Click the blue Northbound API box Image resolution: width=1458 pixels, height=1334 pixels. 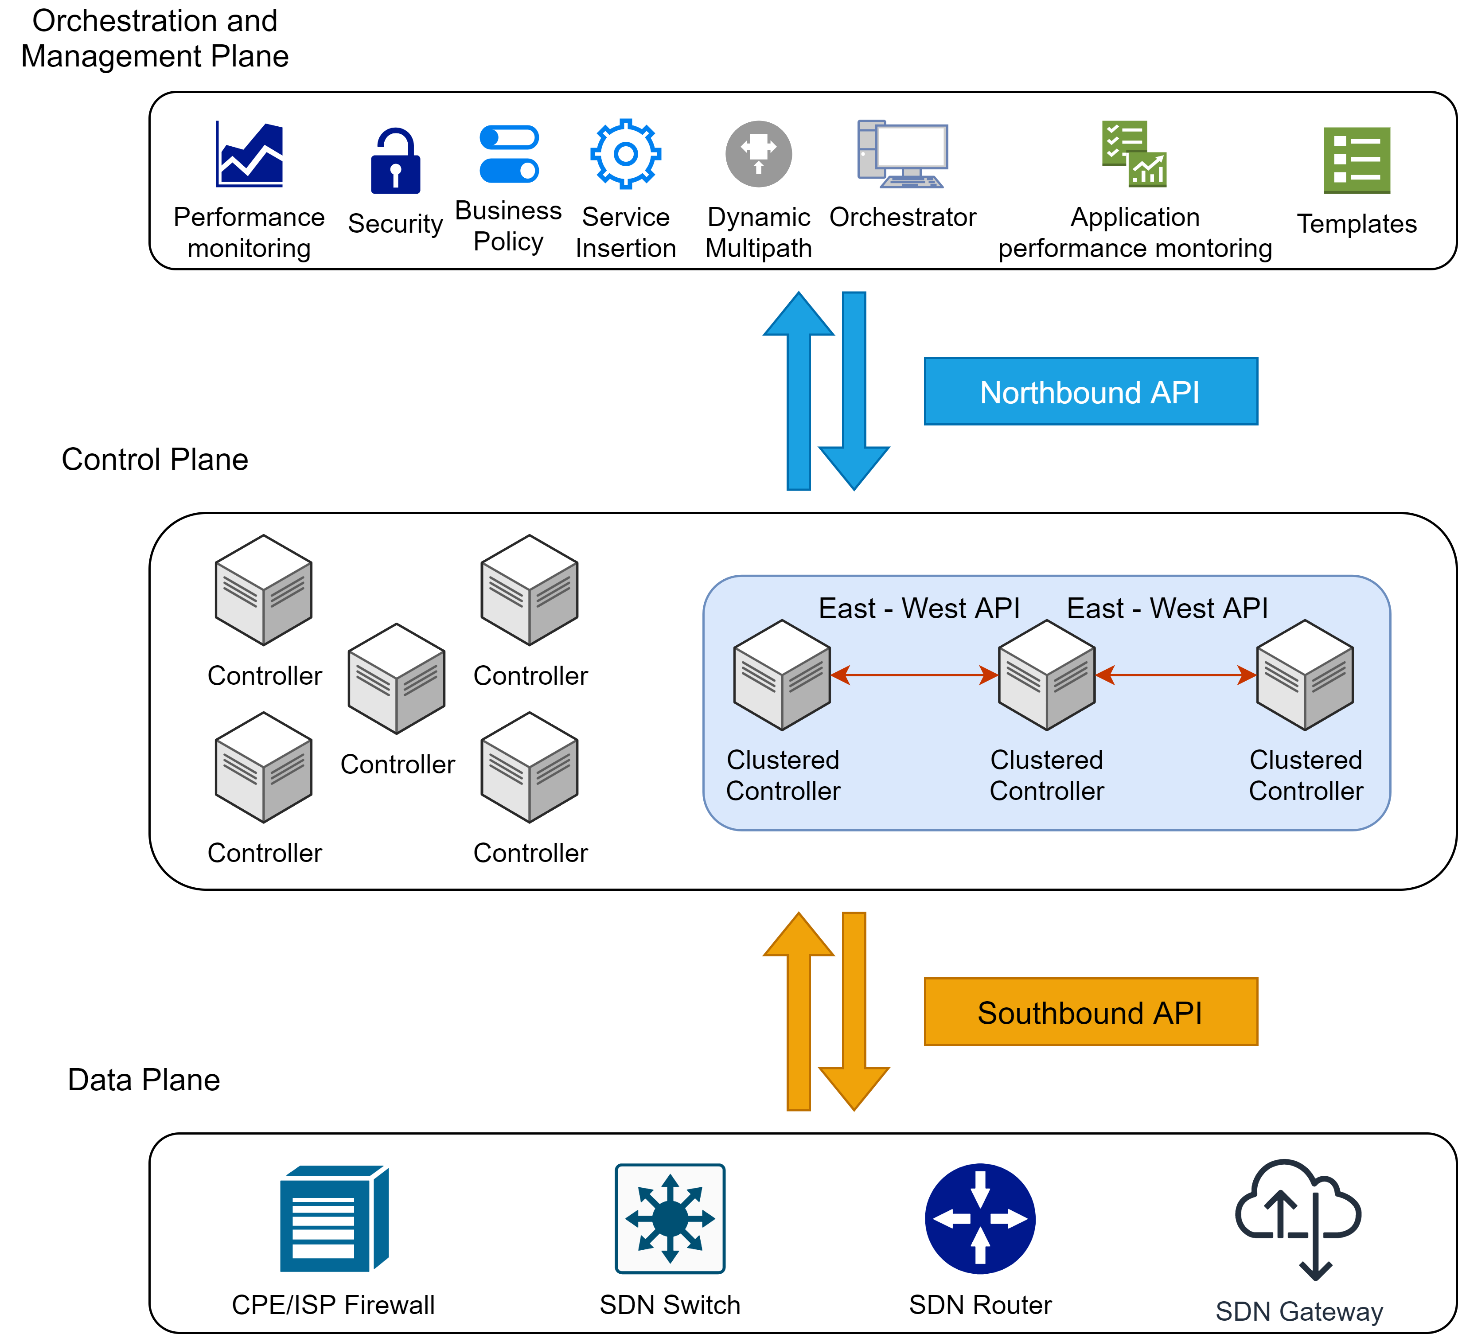(x=1091, y=391)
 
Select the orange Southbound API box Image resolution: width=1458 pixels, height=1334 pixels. (x=1091, y=1012)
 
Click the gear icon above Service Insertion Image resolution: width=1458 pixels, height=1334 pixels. (x=626, y=154)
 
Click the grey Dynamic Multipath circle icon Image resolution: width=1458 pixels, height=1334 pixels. (x=759, y=154)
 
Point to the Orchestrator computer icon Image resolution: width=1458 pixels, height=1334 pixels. (x=903, y=154)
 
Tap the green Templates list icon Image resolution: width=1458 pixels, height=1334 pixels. (x=1357, y=160)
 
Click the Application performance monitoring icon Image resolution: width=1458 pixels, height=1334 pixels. (x=1134, y=154)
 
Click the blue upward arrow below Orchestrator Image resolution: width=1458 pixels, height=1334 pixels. (x=799, y=390)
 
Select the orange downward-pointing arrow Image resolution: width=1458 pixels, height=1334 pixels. (x=854, y=1013)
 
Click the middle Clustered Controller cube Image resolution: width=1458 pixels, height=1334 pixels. (x=1046, y=675)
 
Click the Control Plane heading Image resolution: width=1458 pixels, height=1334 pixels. (x=155, y=460)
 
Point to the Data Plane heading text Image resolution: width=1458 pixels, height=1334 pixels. (x=144, y=1079)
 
